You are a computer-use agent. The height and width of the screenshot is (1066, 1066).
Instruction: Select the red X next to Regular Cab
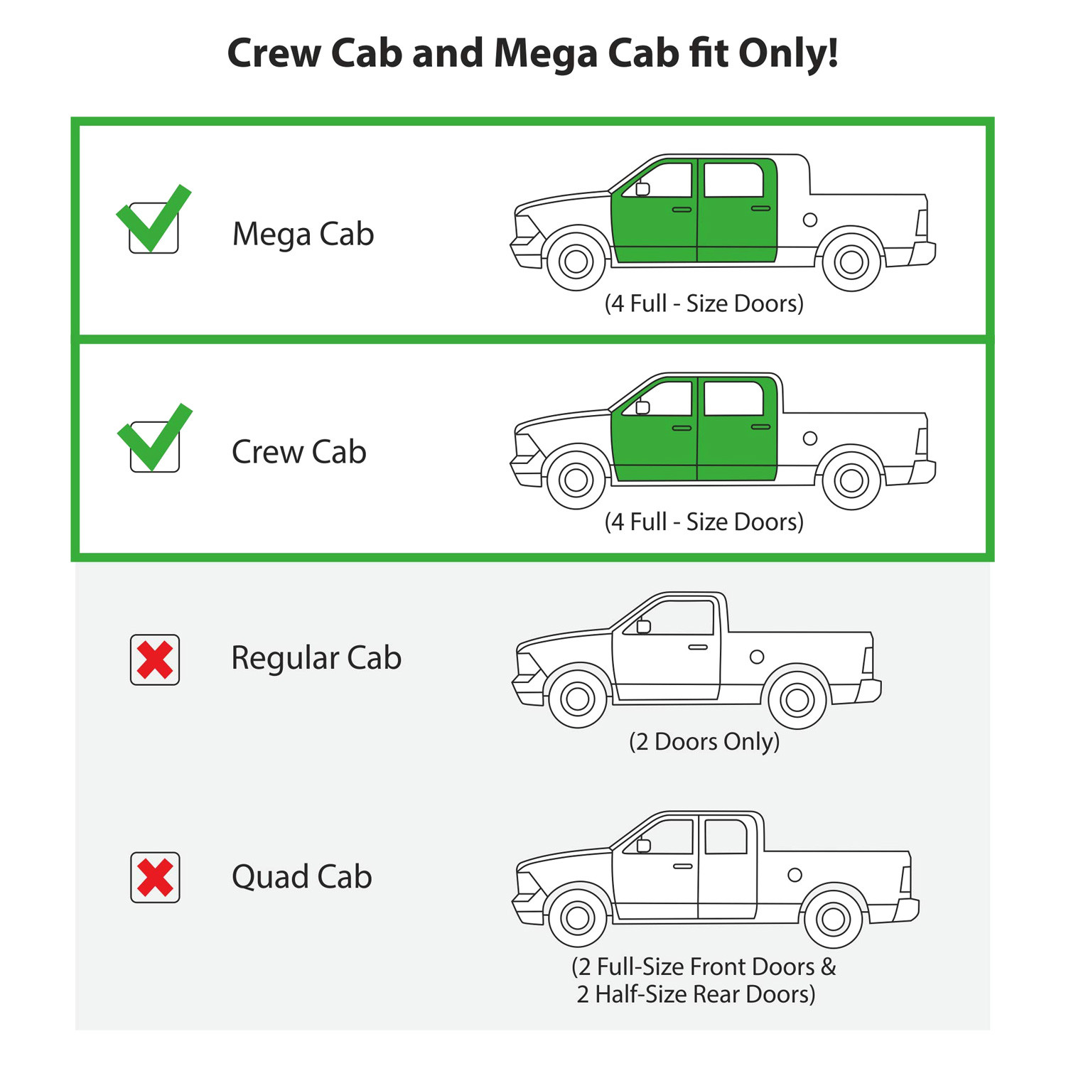pos(155,659)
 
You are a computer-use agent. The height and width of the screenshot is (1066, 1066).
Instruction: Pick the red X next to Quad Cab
pos(155,878)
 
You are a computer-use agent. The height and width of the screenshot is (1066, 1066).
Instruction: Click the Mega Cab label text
pos(303,235)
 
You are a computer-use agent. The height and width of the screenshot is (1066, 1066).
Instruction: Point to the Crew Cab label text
pos(299,452)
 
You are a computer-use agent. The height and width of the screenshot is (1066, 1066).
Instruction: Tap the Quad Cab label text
pos(302,877)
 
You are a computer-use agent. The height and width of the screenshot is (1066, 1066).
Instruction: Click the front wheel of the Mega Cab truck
pos(576,261)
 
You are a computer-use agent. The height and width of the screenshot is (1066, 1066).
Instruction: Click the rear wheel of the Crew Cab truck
pos(851,480)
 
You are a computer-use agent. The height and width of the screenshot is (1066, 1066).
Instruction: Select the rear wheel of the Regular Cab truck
pos(797,700)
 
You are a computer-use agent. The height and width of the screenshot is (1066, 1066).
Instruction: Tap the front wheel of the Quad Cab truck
pos(578,918)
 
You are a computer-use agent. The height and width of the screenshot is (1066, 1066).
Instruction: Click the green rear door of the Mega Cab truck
pos(737,210)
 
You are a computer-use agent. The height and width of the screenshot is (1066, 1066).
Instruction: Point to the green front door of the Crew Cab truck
pos(654,429)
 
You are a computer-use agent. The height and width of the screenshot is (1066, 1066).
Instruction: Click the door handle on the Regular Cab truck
pos(698,647)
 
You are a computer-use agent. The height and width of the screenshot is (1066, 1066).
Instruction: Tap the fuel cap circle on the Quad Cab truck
pos(795,875)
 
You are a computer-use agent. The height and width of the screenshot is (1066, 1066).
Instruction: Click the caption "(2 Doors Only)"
pos(704,742)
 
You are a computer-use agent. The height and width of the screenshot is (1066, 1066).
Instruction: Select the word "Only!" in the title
pos(788,53)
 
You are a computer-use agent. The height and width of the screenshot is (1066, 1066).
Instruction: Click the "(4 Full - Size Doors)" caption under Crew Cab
pos(704,522)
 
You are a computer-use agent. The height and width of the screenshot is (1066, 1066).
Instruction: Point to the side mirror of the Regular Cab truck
pos(644,626)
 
